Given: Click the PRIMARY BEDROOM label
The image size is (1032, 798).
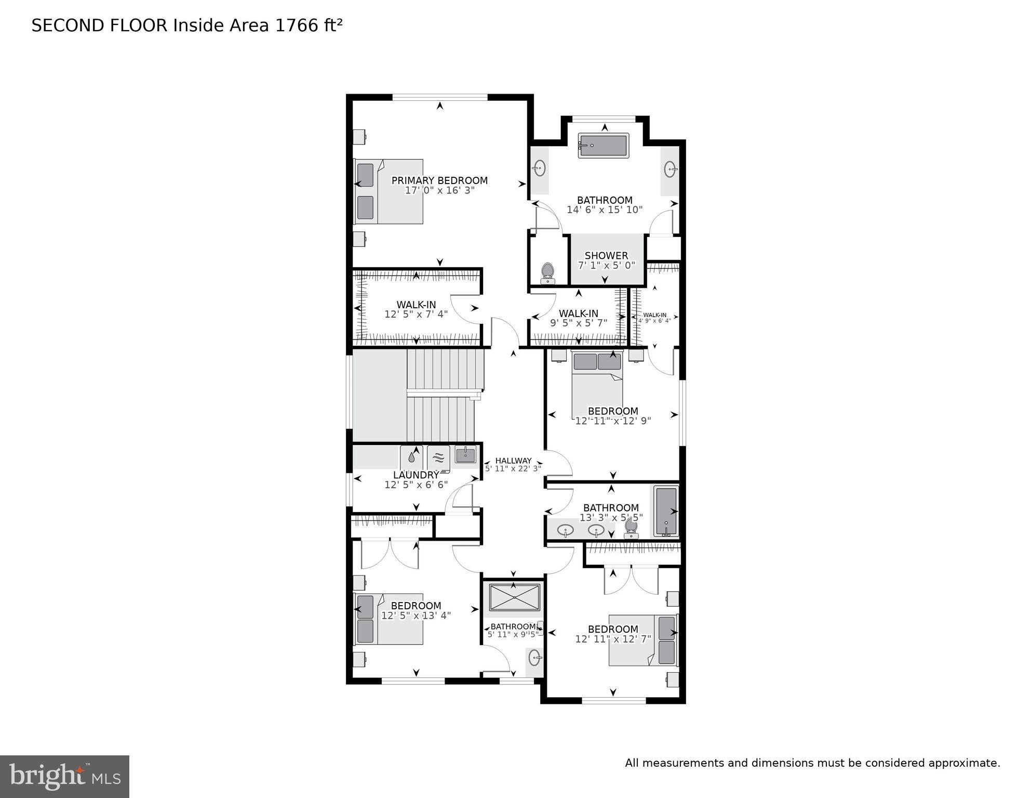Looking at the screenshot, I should point(439,180).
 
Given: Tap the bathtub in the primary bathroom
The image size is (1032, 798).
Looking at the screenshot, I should point(603,146).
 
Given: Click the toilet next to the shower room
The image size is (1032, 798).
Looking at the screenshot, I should point(547,273).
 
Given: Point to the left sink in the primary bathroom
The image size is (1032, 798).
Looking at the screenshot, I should point(540,168).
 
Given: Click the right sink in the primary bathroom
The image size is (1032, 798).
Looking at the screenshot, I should point(670,168).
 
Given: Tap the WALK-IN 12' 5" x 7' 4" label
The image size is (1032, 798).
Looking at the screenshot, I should point(416,310).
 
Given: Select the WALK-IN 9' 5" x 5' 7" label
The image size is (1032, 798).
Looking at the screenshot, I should point(579,318).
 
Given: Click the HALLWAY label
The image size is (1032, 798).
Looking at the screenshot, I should point(513,461).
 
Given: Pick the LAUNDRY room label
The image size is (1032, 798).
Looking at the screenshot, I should point(416,475).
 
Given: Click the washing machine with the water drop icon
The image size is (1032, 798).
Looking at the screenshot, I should point(412,457).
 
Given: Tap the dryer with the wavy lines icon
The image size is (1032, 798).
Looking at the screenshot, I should point(439,457).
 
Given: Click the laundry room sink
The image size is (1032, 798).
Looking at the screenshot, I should point(465,454).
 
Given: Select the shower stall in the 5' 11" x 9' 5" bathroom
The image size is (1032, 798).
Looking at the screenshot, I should point(514,597).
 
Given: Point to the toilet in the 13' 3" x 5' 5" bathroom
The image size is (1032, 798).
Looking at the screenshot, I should point(631,527).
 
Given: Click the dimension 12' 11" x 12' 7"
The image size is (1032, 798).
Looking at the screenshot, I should point(613,639).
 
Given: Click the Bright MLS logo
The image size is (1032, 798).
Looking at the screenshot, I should point(64,776).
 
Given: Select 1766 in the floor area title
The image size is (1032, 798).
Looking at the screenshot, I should point(294,25).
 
